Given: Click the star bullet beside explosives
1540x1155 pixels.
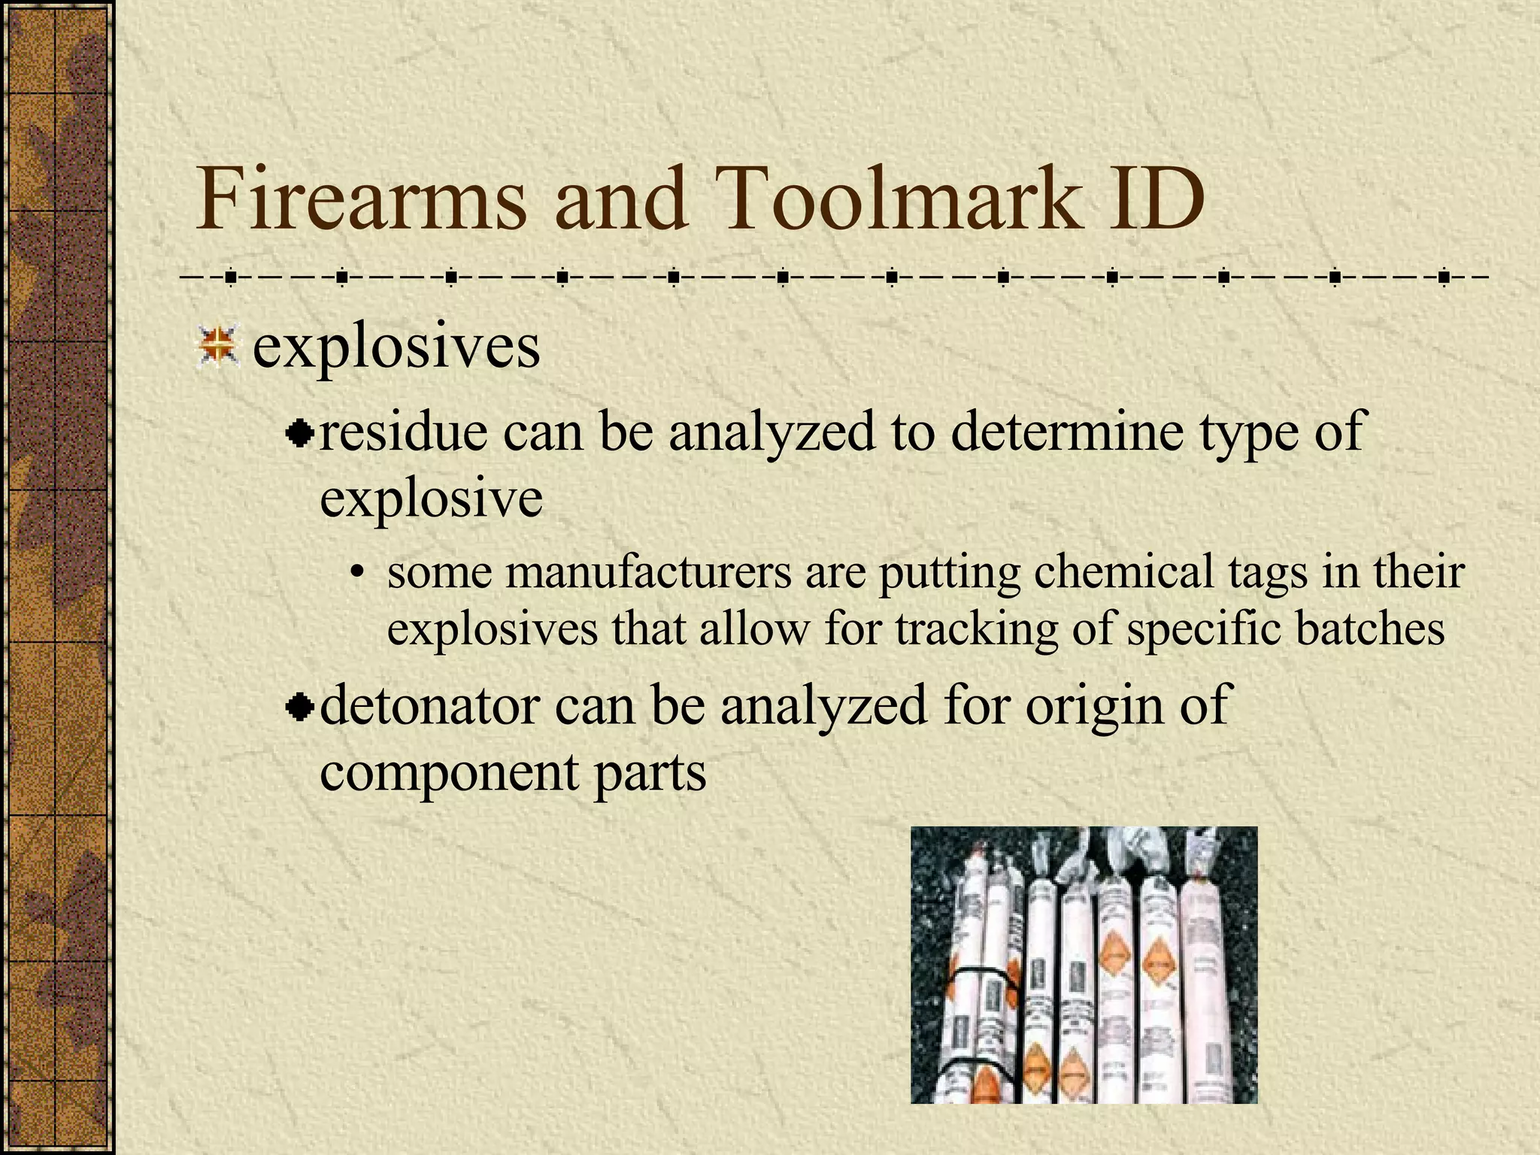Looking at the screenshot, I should click(217, 347).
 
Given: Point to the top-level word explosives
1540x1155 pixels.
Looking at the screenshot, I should click(396, 348).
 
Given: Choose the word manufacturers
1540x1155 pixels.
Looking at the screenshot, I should click(649, 572).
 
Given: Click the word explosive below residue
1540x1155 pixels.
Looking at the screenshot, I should click(431, 498).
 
